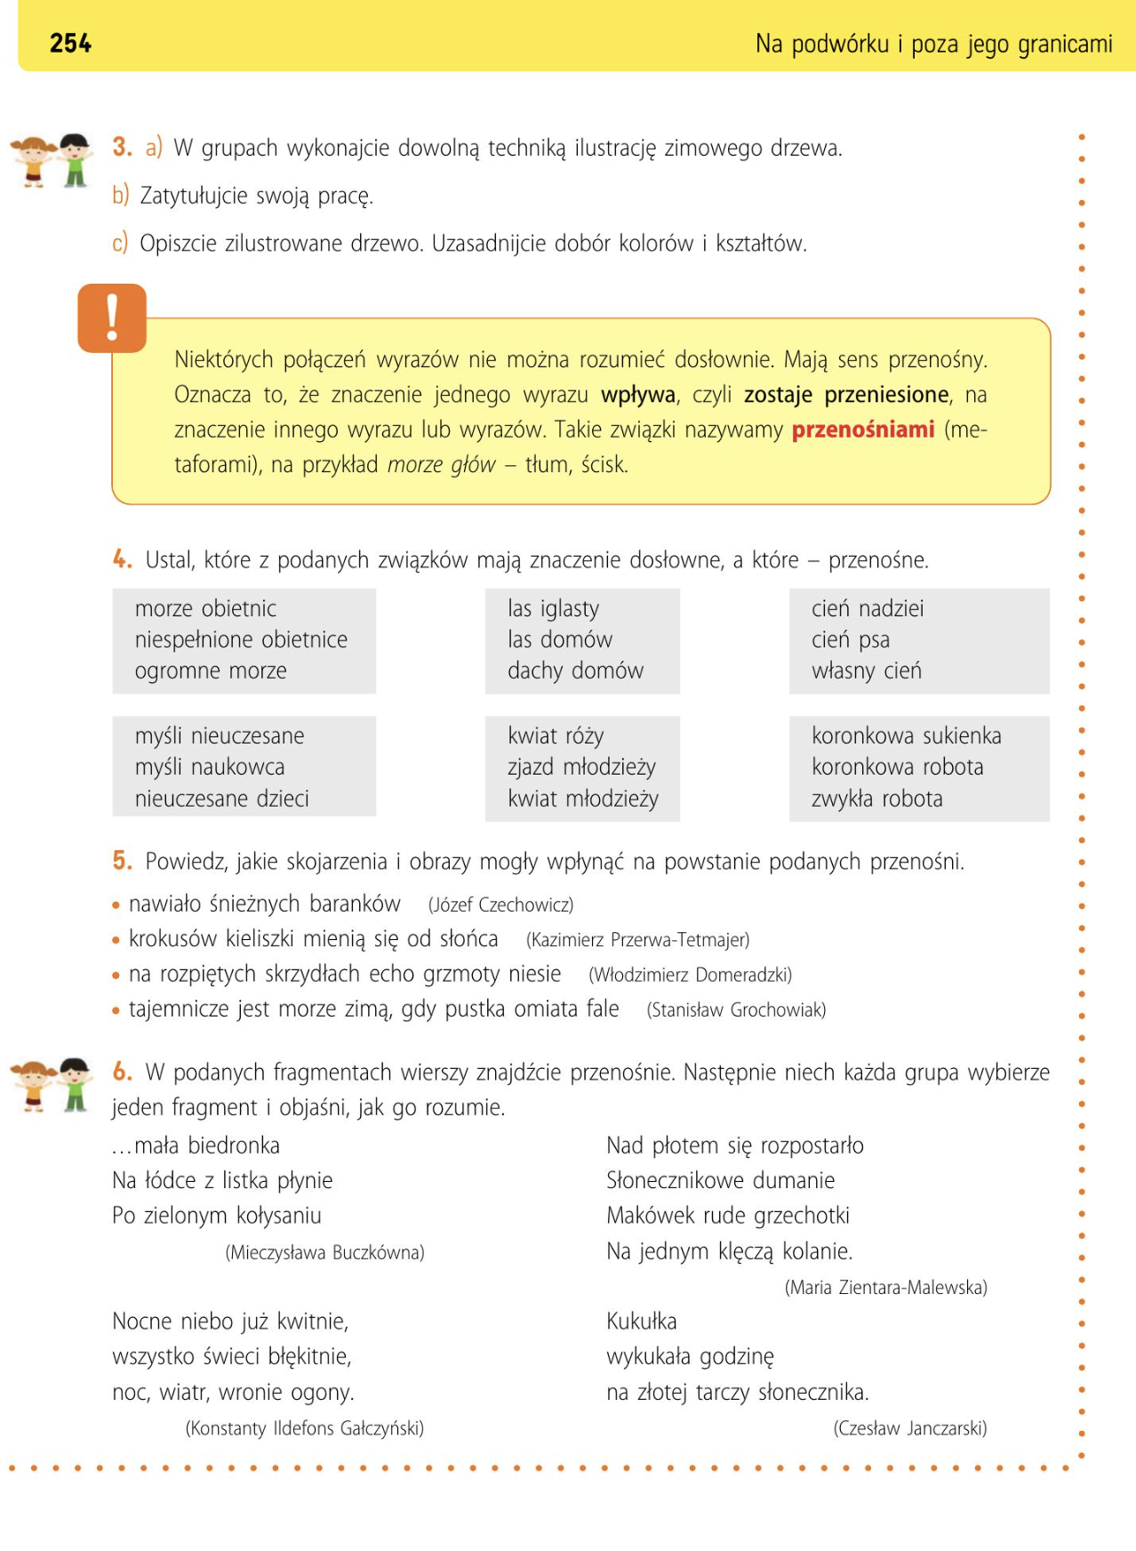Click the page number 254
click(x=70, y=43)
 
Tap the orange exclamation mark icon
click(x=112, y=317)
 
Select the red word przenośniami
click(x=862, y=430)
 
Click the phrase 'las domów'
click(x=559, y=639)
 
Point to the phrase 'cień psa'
click(x=850, y=639)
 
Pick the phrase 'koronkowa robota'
click(x=897, y=767)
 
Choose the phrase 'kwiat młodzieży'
click(x=582, y=799)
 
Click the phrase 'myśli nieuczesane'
click(x=219, y=735)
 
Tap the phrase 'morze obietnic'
click(x=205, y=608)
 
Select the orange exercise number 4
click(x=122, y=559)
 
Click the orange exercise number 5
click(x=122, y=861)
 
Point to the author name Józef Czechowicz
click(x=500, y=905)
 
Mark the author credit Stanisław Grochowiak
click(x=736, y=1010)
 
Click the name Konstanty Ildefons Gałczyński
click(x=304, y=1428)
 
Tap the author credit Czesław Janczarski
click(x=909, y=1428)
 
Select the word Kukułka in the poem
click(x=641, y=1322)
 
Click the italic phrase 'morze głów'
click(x=441, y=465)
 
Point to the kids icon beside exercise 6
click(x=52, y=1085)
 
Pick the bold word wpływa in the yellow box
click(x=637, y=395)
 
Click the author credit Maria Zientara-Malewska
click(x=885, y=1288)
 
